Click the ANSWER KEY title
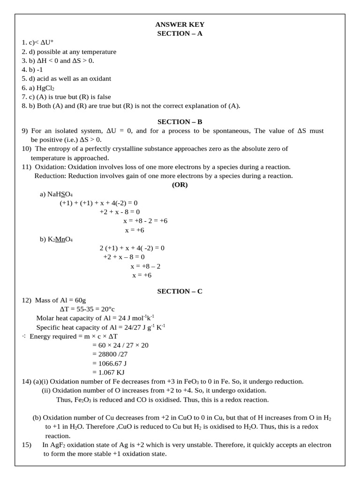point(180,24)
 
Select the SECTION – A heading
point(180,33)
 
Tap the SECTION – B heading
point(180,122)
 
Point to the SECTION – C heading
point(180,291)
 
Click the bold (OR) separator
point(180,185)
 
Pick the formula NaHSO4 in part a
point(60,194)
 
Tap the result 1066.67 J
point(113,363)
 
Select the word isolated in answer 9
point(67,131)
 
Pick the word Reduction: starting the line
point(51,176)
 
